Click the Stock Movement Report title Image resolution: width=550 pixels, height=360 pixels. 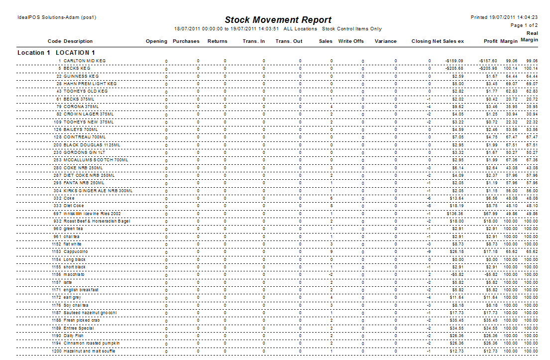tap(278, 20)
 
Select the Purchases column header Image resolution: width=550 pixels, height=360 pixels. tap(186, 41)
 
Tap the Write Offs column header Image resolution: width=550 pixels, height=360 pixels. tap(351, 41)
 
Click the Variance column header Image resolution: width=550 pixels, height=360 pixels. tap(385, 41)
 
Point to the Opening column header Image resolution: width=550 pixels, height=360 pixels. tap(156, 41)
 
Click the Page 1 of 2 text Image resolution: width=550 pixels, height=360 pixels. tap(524, 25)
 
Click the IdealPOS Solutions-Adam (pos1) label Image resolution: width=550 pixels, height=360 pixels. tap(57, 17)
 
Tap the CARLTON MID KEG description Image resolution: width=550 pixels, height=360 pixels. tap(85, 61)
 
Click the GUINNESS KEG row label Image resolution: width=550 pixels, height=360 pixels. tap(81, 76)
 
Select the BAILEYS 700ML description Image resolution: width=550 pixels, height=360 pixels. tap(81, 129)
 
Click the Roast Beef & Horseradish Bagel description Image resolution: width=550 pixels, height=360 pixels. tap(97, 221)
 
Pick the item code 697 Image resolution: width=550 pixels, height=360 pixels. tap(57, 214)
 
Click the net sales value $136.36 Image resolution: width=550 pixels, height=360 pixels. tap(455, 214)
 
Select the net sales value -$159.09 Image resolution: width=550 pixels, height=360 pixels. tap(454, 61)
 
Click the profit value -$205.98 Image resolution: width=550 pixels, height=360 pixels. tap(488, 68)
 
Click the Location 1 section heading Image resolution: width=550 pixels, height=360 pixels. tap(56, 52)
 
